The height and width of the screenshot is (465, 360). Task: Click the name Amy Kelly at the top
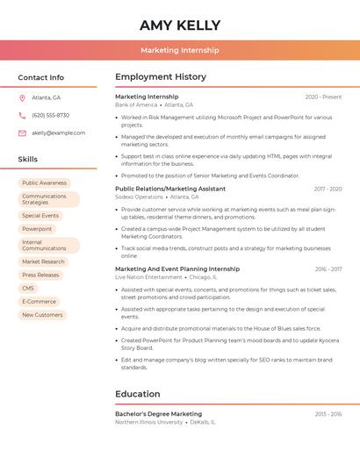pos(179,25)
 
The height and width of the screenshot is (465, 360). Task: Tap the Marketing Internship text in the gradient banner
pos(179,50)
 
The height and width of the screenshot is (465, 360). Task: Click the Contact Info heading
pos(41,77)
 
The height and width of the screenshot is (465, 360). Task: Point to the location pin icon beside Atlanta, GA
pos(22,97)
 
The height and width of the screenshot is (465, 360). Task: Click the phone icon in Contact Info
pos(22,115)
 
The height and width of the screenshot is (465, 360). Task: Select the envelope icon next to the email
pos(22,132)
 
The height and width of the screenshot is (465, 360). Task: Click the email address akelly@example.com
pos(59,132)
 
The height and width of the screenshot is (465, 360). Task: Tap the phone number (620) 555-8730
pos(50,115)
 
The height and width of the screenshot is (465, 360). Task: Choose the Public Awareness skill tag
pos(44,182)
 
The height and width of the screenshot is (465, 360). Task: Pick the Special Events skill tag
pos(40,215)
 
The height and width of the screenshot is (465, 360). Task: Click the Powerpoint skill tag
pos(37,229)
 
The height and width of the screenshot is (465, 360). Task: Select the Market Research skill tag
pos(43,261)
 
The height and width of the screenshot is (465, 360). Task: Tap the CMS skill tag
pos(28,288)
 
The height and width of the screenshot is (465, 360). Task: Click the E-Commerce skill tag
pos(39,301)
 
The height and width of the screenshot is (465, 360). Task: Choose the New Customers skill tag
pos(42,314)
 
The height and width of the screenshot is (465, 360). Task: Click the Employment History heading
pos(161,77)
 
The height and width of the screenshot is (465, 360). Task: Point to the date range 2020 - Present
pos(323,97)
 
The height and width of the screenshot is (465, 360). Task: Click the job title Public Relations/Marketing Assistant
pos(170,189)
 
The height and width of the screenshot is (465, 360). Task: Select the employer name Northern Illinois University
pos(148,422)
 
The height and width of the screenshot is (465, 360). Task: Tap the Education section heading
pos(138,394)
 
